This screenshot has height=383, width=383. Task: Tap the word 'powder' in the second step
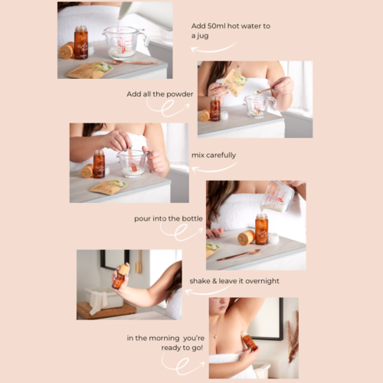[x=180, y=94]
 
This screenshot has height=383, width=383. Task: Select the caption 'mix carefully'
[x=214, y=155]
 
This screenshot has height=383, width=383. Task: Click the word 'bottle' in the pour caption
[x=192, y=218]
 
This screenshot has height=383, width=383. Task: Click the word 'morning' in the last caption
[x=161, y=339]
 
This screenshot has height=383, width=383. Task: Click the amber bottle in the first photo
[x=81, y=42]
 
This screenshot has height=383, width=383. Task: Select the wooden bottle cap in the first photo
[x=67, y=51]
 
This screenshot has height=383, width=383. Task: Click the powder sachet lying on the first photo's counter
[x=90, y=70]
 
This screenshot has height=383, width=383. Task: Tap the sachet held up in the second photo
[x=234, y=82]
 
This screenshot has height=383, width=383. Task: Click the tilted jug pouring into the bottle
[x=278, y=197]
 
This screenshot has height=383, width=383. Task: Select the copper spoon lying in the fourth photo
[x=239, y=255]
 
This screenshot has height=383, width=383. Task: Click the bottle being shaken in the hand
[x=119, y=277]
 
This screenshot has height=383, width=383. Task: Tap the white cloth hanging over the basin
[x=98, y=302]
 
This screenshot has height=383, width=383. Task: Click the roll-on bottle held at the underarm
[x=249, y=341]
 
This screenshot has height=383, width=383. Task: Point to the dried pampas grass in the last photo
[x=293, y=337]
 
